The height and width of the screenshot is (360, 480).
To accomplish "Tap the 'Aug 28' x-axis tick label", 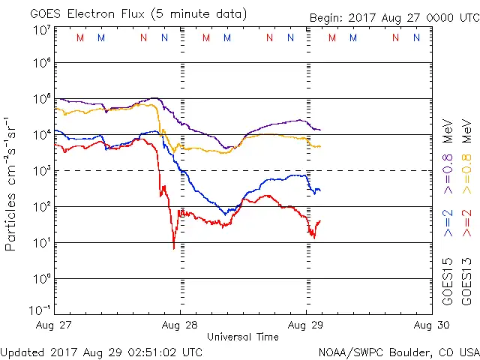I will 181,325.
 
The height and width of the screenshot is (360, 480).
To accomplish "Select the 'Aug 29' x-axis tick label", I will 306,325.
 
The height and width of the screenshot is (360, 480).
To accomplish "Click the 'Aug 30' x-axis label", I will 431,325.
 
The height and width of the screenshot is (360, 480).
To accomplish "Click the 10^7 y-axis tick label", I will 41,31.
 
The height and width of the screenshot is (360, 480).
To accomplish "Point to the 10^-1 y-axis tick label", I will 40,310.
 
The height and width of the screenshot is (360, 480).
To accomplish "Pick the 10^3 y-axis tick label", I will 41,170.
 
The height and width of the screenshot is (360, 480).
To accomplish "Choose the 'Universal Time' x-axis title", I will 243,337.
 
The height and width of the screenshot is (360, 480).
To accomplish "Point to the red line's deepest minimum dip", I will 174,247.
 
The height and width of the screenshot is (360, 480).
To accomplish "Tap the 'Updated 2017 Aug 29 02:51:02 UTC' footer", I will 101,351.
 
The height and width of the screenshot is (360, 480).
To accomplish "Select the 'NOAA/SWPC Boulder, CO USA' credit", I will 398,351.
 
